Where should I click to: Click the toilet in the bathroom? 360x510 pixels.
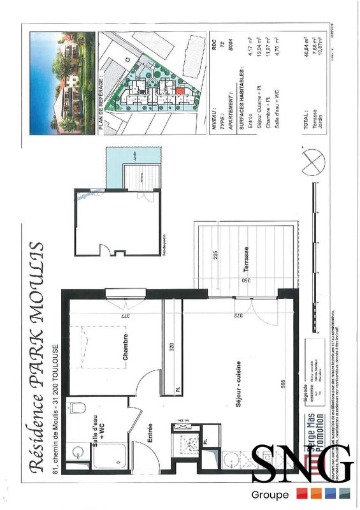click(x=78, y=409)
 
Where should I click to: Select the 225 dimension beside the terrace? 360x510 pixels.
click(x=217, y=256)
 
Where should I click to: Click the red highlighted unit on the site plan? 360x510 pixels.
click(x=180, y=91)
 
